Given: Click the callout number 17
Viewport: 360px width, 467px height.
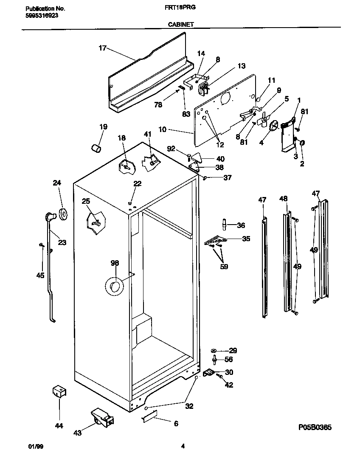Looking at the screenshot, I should click(x=102, y=48).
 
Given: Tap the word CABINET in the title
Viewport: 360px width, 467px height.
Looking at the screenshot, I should click(x=181, y=25).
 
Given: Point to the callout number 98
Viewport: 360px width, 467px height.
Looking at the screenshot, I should click(x=115, y=263).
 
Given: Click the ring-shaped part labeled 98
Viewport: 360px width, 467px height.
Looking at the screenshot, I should click(x=114, y=287).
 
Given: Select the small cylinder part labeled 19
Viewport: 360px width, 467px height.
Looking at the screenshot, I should click(x=96, y=149).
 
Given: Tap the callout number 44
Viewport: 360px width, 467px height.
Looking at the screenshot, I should click(x=59, y=426).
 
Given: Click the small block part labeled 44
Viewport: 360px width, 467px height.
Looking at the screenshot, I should click(x=59, y=391).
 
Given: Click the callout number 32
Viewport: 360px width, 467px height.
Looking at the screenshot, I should click(x=189, y=406).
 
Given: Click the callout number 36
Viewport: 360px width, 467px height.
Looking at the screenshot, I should click(x=241, y=225).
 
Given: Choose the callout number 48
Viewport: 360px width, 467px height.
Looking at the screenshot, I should click(x=284, y=198).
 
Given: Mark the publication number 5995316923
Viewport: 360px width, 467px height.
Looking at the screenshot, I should click(x=42, y=15).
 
